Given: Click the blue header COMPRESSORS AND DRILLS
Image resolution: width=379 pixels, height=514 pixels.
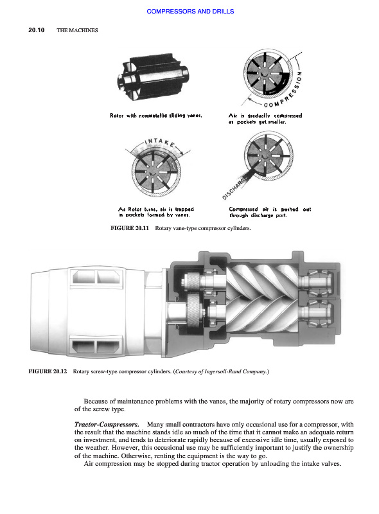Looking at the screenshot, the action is (190, 11).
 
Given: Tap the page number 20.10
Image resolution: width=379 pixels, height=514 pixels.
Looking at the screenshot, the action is (37, 30).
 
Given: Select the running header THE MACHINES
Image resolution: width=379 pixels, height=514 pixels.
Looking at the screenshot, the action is (77, 30).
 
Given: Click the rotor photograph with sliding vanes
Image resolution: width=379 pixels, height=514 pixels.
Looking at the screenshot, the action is (154, 78).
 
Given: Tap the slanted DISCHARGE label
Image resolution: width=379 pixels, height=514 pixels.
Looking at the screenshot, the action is (234, 189).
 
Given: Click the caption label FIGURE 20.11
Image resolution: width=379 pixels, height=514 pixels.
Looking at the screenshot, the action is (130, 228).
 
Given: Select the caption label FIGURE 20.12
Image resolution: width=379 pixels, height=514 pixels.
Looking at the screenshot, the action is (48, 371).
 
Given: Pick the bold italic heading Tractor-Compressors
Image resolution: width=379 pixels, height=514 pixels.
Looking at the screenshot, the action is (107, 425).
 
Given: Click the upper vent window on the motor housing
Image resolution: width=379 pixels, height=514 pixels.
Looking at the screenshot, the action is (98, 277).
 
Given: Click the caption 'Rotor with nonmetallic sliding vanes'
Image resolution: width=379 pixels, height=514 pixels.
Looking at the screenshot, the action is (156, 116).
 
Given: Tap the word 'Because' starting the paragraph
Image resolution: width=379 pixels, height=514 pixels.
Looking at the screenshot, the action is (96, 401).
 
